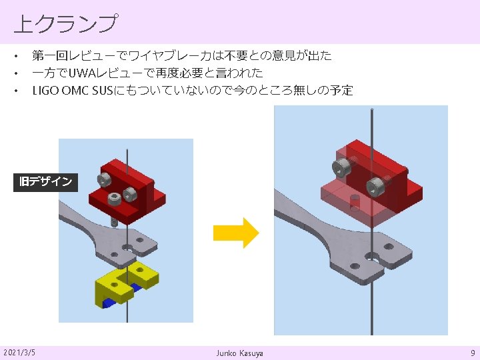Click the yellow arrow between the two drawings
[x=235, y=232]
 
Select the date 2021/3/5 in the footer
[x=19, y=351]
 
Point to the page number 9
[x=472, y=351]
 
